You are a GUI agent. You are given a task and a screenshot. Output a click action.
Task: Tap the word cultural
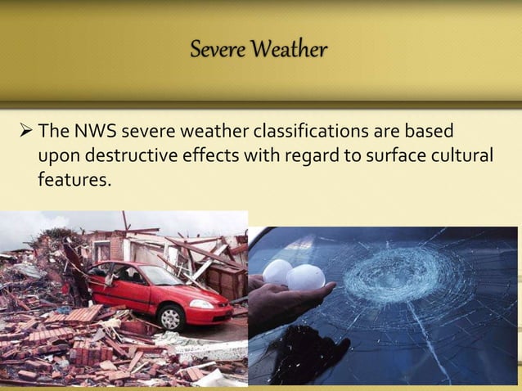pyautogui.click(x=464, y=155)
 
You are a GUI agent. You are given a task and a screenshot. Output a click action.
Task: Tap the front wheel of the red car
pyautogui.click(x=171, y=317)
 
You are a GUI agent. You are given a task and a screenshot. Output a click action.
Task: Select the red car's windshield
pyautogui.click(x=157, y=275)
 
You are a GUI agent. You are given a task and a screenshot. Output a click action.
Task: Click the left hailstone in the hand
pyautogui.click(x=278, y=272)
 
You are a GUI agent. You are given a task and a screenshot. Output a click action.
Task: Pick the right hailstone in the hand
pyautogui.click(x=305, y=278)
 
